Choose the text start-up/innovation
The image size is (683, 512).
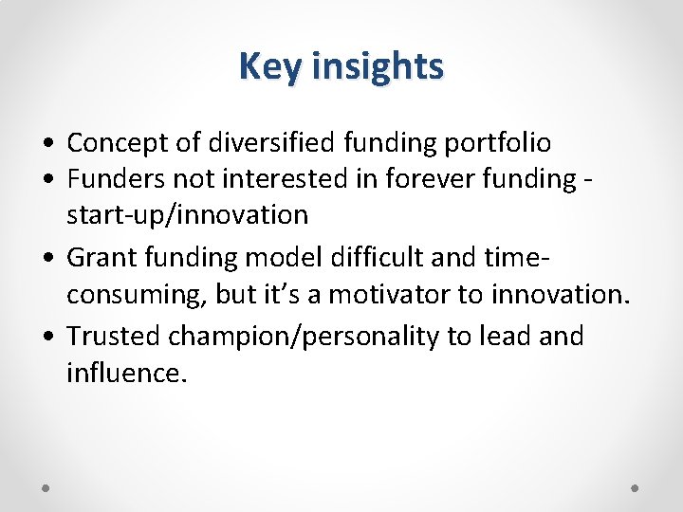(x=187, y=215)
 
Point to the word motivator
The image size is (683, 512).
(x=387, y=295)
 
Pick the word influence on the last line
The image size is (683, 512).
(x=122, y=373)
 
